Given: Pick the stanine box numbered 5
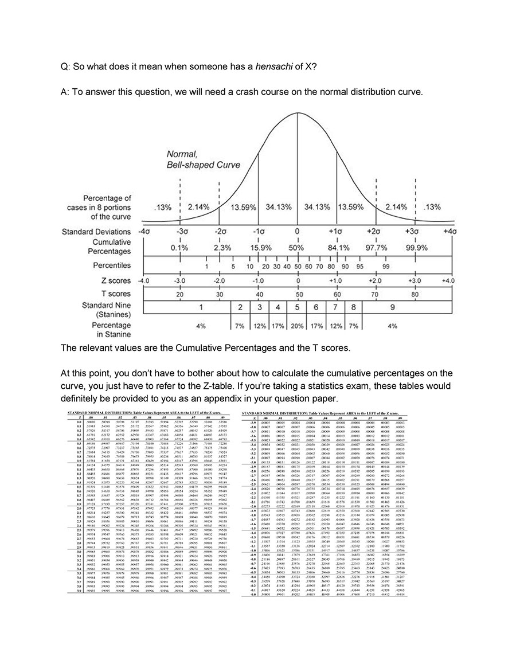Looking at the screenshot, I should (297, 307).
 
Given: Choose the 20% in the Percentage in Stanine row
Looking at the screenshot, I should (297, 326).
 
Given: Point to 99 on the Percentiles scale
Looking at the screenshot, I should (386, 267).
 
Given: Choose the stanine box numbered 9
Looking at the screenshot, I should (392, 307).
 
